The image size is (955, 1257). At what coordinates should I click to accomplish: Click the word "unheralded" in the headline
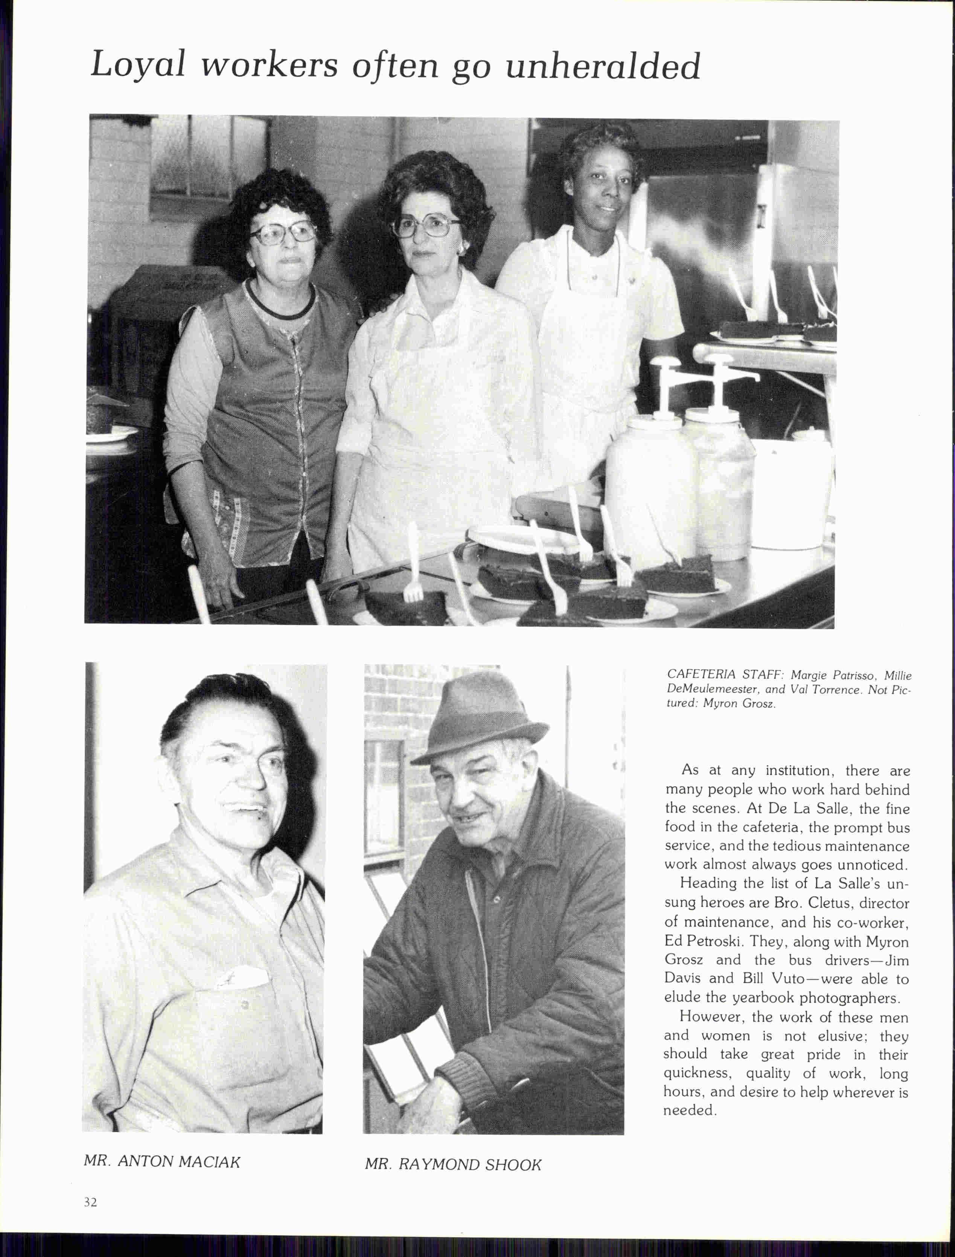[603, 67]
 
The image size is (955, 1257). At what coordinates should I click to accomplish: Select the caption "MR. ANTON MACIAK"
[162, 1161]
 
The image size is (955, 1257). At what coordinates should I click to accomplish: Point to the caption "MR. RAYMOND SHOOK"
[453, 1165]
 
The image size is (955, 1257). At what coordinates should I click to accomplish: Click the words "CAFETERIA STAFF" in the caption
[723, 675]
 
